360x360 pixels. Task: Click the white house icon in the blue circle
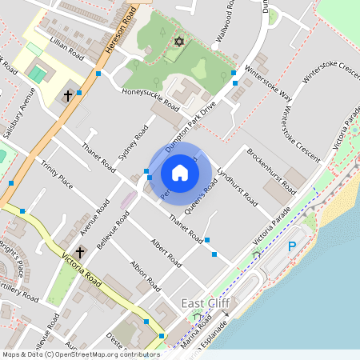click(x=180, y=173)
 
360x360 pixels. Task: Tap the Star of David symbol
click(x=178, y=41)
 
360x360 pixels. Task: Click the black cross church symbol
click(x=68, y=97)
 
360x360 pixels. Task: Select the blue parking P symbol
click(x=292, y=248)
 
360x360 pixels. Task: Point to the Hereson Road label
click(x=113, y=34)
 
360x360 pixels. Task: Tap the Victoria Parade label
click(x=270, y=230)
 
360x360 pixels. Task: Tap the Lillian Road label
click(x=66, y=52)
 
